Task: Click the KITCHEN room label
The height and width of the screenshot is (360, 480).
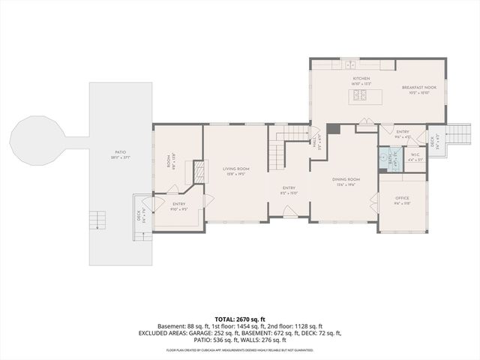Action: (x=361, y=78)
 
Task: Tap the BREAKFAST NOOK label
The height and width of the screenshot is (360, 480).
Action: (x=413, y=87)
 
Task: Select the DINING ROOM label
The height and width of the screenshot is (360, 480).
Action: (x=346, y=179)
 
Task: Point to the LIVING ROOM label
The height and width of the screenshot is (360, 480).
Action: (x=235, y=169)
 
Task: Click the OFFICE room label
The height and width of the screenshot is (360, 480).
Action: (x=403, y=199)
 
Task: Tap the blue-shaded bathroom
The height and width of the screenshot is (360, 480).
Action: (x=388, y=160)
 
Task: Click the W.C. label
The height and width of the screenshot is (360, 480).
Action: (x=415, y=155)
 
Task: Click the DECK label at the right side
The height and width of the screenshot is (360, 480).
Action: (x=433, y=139)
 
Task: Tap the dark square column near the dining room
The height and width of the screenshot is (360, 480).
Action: (x=334, y=128)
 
